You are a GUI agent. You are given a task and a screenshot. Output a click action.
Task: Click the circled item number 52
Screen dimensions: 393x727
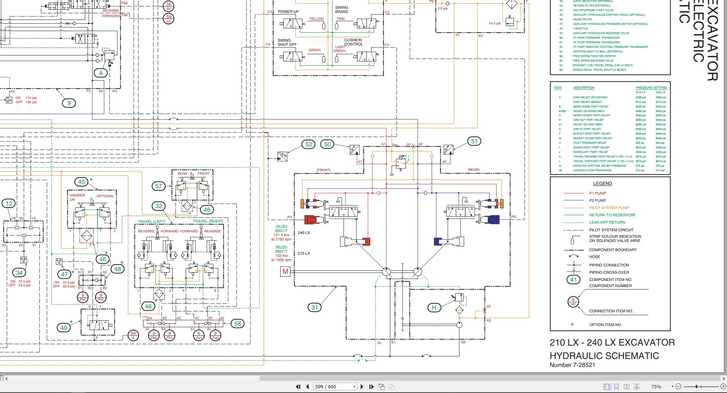(x=309, y=145)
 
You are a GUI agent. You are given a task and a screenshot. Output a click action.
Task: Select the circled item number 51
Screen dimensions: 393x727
(x=474, y=141)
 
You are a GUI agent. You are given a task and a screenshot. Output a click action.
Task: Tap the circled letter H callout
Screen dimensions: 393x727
(x=434, y=307)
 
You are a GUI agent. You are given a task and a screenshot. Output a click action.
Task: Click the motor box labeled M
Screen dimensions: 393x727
(x=285, y=271)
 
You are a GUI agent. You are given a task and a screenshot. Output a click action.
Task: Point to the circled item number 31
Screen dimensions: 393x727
(x=314, y=307)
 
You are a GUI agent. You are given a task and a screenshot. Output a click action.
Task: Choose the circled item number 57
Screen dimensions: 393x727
(x=159, y=186)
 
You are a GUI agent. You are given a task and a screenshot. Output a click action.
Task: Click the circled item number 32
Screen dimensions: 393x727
(x=159, y=206)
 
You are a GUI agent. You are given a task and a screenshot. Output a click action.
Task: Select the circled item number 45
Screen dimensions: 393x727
(x=81, y=182)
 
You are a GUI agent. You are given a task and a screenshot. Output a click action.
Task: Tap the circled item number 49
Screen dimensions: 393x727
(x=64, y=328)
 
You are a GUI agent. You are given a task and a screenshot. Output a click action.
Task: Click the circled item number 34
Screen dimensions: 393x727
(x=19, y=273)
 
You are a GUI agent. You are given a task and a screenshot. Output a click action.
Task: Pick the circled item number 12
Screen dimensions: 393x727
(x=9, y=204)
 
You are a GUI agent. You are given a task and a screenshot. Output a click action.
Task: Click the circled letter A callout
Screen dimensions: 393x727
(x=101, y=73)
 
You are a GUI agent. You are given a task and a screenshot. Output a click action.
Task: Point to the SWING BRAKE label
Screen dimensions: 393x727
(x=342, y=10)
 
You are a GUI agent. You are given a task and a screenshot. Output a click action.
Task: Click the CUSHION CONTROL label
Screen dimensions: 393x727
(x=353, y=42)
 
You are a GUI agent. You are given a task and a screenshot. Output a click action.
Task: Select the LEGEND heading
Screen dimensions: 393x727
(x=602, y=184)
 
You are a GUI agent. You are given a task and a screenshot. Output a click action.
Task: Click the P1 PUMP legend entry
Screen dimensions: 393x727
(x=597, y=193)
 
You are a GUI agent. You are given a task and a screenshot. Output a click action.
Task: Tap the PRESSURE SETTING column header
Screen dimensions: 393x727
(x=651, y=88)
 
